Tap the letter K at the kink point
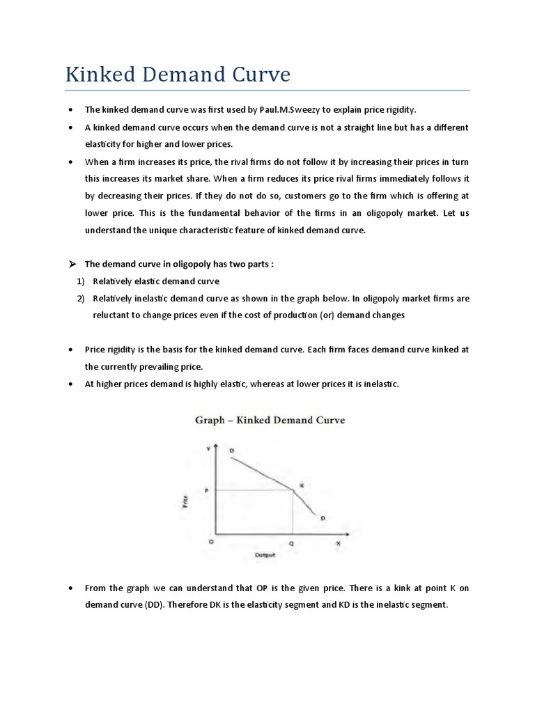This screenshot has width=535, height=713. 302,485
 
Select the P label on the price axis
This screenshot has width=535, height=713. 206,491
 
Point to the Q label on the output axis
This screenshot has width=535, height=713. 292,541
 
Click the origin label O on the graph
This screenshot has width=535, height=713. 210,541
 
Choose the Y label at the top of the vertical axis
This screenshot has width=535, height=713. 207,449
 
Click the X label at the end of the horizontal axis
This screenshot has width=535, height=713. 339,541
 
